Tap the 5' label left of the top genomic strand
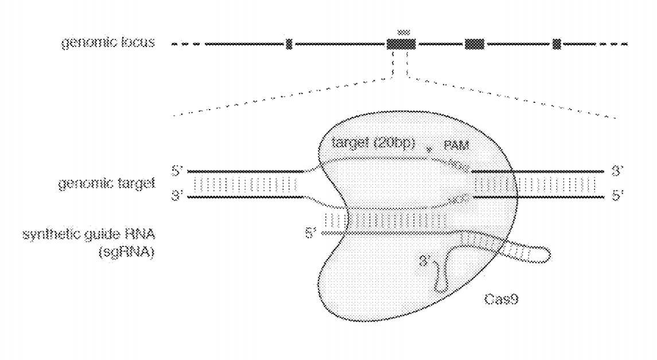pos(176,171)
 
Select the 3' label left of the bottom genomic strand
pos(176,196)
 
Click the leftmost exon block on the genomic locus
pos(289,44)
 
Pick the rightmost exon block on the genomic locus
pos(556,44)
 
